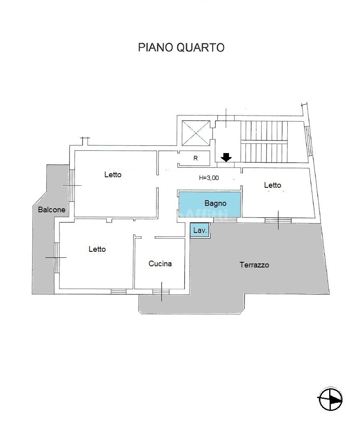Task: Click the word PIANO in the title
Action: [155, 48]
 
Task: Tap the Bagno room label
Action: [215, 203]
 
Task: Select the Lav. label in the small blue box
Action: [200, 231]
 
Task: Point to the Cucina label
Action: [160, 264]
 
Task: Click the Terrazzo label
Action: [254, 265]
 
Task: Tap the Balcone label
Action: [52, 209]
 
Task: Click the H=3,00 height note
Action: [209, 178]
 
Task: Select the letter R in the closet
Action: [196, 158]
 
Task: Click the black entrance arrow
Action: [227, 157]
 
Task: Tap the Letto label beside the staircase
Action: [272, 185]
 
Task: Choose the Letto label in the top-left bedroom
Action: [113, 175]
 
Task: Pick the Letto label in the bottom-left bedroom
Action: [97, 249]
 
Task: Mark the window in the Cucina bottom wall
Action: [161, 291]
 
